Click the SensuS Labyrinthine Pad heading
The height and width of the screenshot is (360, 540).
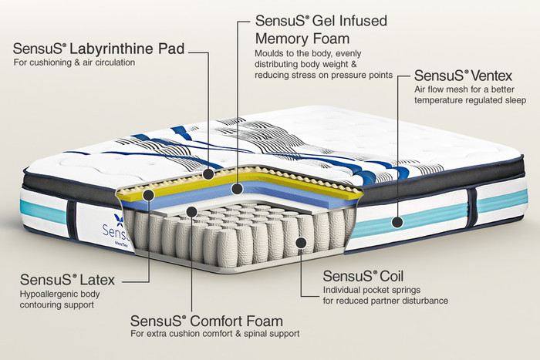click(99, 49)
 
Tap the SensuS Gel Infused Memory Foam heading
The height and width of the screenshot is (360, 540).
click(321, 29)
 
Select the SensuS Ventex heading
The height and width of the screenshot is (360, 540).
click(463, 76)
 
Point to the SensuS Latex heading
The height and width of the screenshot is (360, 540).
click(67, 280)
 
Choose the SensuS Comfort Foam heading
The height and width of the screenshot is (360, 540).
click(207, 321)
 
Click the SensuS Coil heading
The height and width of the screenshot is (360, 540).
click(363, 276)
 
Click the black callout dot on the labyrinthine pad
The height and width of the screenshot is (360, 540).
click(208, 173)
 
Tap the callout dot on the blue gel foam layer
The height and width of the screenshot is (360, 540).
click(237, 188)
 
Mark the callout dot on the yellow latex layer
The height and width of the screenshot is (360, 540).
click(148, 195)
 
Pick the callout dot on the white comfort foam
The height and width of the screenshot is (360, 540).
click(191, 211)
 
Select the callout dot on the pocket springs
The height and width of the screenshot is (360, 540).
click(301, 243)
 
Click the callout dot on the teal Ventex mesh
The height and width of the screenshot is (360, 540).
click(397, 222)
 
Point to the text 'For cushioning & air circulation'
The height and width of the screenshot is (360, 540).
click(74, 62)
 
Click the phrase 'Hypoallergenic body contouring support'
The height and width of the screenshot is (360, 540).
click(59, 299)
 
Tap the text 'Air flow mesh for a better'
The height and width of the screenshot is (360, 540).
click(464, 89)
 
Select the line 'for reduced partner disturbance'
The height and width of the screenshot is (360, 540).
click(386, 301)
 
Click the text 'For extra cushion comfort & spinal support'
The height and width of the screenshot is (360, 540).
click(215, 334)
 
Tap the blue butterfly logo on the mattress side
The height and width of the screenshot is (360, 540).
click(119, 220)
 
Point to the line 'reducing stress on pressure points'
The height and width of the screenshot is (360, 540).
click(324, 75)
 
